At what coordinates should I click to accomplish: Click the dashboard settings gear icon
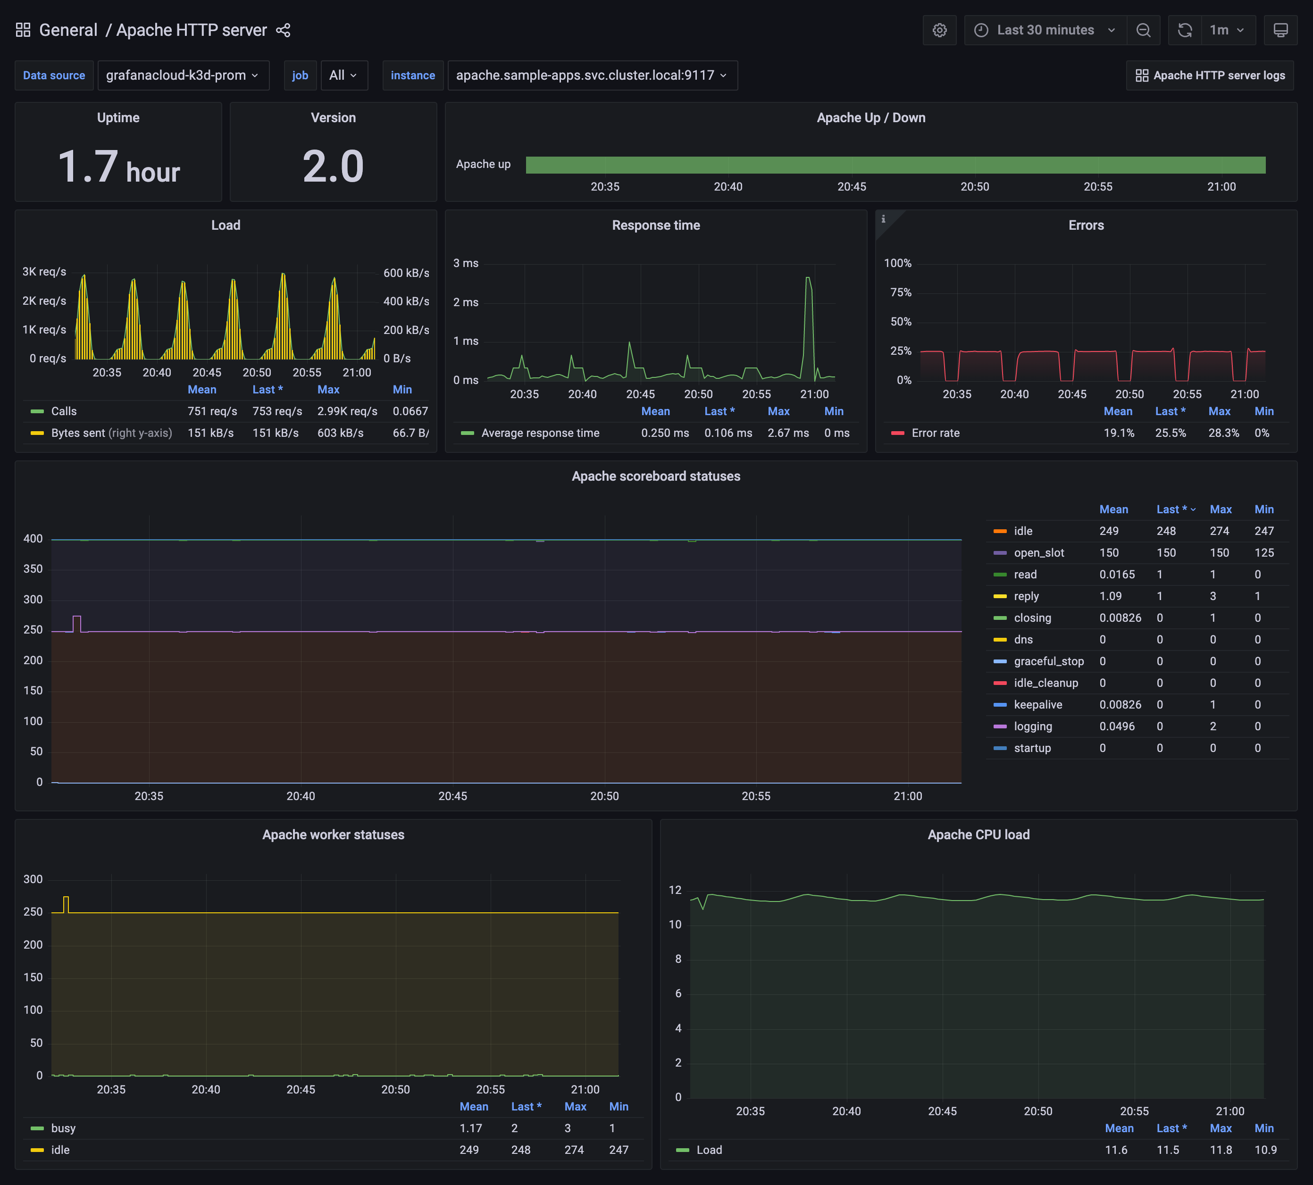(939, 30)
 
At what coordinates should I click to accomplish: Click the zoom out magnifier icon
(1143, 30)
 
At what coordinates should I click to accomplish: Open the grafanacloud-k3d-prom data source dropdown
(183, 75)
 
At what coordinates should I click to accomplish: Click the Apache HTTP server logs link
(1210, 75)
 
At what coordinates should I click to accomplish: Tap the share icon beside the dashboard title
(283, 30)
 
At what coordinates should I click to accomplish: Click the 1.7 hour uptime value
(118, 167)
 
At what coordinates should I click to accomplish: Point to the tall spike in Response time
(808, 280)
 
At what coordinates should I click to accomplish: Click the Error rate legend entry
(935, 433)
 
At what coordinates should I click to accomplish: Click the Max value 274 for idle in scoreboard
(1219, 531)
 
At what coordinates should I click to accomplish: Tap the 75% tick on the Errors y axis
(901, 292)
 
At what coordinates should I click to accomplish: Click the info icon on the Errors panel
(883, 219)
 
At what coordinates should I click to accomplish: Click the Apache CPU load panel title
(978, 835)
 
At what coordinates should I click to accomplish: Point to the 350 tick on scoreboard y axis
(33, 569)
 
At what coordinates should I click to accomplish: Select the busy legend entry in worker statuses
(63, 1128)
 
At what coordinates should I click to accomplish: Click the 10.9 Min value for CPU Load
(1265, 1150)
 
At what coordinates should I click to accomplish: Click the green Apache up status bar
(895, 165)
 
